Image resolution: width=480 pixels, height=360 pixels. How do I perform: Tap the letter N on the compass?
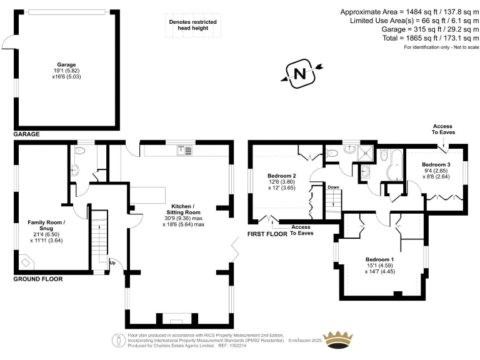[299, 74]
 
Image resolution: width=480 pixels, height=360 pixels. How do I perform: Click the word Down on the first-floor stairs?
[333, 187]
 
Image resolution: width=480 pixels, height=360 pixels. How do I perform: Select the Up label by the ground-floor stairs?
[112, 262]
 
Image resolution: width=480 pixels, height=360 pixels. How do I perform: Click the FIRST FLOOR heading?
[267, 234]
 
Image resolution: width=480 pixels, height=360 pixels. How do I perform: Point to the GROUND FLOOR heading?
[38, 279]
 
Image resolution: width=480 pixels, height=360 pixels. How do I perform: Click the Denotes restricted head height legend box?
[193, 24]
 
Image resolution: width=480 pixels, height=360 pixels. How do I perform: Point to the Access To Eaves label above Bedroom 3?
[444, 129]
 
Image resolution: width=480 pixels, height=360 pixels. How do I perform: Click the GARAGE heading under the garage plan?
[26, 134]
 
